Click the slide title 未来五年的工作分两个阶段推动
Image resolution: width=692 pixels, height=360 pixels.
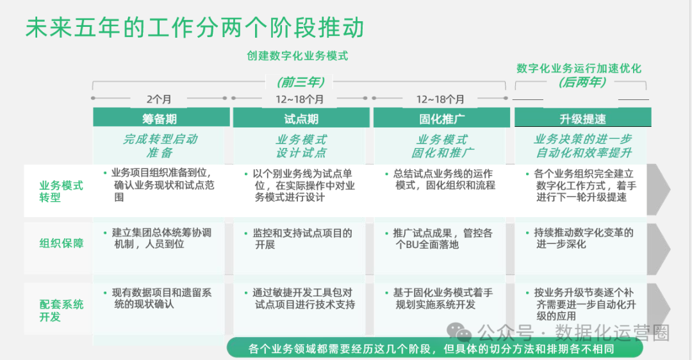pyautogui.click(x=195, y=28)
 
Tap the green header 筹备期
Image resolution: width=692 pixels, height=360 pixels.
pyautogui.click(x=160, y=119)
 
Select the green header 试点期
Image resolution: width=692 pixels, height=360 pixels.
pyautogui.click(x=301, y=119)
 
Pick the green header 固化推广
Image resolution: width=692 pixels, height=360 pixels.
pyautogui.click(x=441, y=119)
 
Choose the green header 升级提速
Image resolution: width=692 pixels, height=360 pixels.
pyautogui.click(x=582, y=119)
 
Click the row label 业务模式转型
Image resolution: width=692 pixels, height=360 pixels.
pyautogui.click(x=62, y=191)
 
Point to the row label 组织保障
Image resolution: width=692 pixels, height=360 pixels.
pyautogui.click(x=62, y=243)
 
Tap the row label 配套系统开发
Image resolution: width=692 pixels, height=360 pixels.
pyautogui.click(x=62, y=311)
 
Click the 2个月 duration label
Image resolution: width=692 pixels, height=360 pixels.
pyautogui.click(x=159, y=99)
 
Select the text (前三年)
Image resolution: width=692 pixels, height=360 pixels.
pyautogui.click(x=301, y=82)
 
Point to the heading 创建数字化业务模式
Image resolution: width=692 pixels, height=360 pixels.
pyautogui.click(x=297, y=56)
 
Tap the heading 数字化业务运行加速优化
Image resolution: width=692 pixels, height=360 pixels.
pyautogui.click(x=579, y=69)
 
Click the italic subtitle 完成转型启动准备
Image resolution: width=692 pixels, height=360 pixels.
pyautogui.click(x=160, y=146)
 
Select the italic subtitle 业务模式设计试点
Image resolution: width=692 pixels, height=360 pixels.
pyautogui.click(x=301, y=146)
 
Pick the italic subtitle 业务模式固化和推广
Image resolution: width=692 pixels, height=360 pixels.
pyautogui.click(x=442, y=146)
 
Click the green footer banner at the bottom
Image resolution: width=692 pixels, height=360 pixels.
pyautogui.click(x=435, y=348)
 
